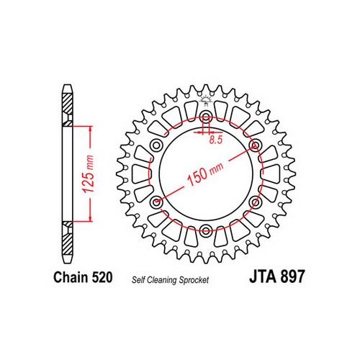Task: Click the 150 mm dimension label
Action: pos(204,174)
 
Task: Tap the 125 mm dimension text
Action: pos(88,174)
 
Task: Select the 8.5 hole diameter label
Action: pos(216,140)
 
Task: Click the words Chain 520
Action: pos(83,277)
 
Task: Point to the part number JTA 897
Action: pos(277,276)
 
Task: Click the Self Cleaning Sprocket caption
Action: pos(170,280)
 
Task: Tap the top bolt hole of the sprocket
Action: pos(206,117)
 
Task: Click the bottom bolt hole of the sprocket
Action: pos(206,230)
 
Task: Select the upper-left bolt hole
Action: pos(157,145)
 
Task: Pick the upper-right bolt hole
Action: pos(255,145)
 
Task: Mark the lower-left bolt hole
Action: pos(157,202)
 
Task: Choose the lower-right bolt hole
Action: pos(255,202)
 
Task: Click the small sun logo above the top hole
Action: pos(206,100)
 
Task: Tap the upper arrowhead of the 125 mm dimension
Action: pos(91,130)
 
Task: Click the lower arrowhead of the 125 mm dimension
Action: pos(91,217)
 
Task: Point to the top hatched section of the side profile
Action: pos(67,109)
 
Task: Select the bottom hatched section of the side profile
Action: pos(67,238)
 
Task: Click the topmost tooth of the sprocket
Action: pos(206,88)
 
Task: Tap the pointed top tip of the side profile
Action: pos(67,85)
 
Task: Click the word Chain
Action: pos(71,277)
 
